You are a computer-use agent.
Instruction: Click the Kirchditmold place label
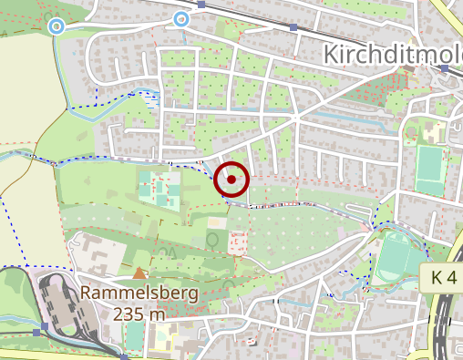coord(392,55)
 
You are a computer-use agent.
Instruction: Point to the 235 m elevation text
coord(139,314)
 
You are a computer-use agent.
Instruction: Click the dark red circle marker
coord(231,180)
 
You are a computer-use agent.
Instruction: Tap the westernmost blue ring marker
coord(57,26)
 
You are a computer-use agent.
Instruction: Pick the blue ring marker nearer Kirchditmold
coord(181,18)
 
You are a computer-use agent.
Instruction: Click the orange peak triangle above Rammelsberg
coord(139,273)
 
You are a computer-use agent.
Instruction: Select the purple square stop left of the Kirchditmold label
coord(293,27)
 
